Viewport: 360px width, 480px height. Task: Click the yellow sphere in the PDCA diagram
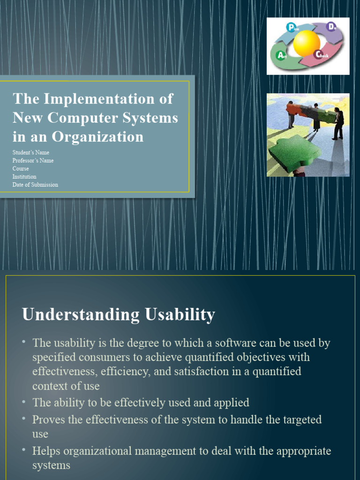[307, 43]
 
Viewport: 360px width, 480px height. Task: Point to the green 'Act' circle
[281, 56]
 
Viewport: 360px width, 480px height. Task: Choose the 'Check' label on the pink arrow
[322, 55]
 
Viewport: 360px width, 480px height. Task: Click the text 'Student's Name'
[31, 152]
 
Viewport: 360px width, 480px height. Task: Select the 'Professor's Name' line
[33, 160]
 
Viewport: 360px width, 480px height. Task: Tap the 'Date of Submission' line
[36, 185]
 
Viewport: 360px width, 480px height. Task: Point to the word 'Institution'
[24, 177]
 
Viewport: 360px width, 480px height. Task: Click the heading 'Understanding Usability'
[119, 314]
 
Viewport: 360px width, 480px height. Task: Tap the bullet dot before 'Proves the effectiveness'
[24, 418]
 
